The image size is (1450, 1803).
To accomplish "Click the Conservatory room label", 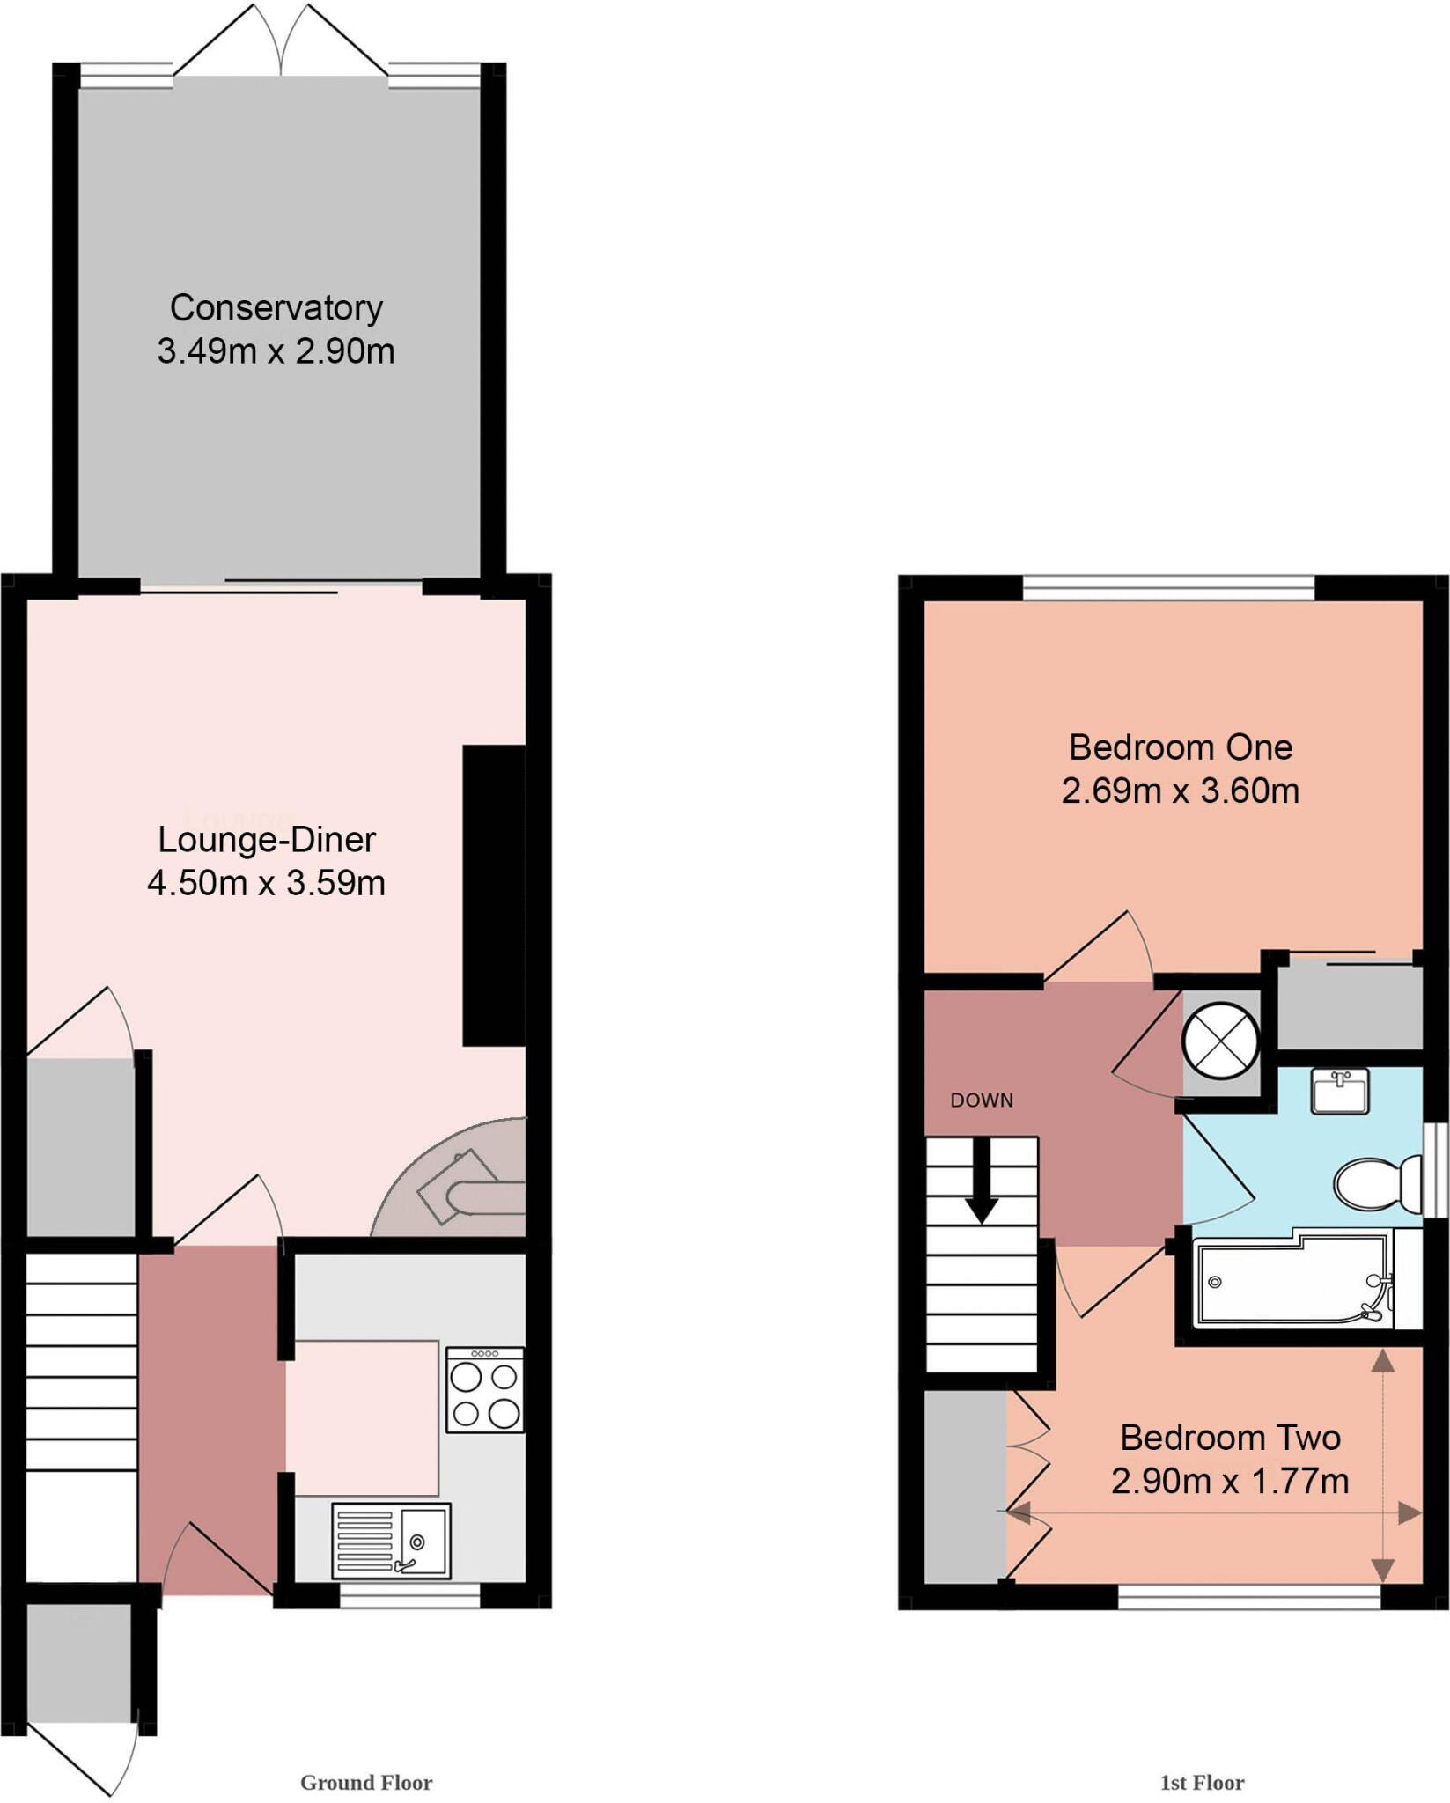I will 276,308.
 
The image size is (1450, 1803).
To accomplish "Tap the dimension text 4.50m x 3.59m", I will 266,883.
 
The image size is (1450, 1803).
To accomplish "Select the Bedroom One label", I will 1180,747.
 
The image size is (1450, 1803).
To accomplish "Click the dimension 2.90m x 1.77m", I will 1229,1481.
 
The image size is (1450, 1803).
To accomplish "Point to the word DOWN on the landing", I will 982,1100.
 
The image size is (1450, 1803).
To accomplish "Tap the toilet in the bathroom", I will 1377,1184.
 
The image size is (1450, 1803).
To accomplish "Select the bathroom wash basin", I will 1339,1092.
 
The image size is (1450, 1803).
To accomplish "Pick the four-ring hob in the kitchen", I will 484,1389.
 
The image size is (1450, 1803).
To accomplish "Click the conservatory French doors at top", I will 281,44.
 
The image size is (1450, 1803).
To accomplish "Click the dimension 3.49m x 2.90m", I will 276,352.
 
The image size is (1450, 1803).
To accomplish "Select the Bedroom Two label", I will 1229,1438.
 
